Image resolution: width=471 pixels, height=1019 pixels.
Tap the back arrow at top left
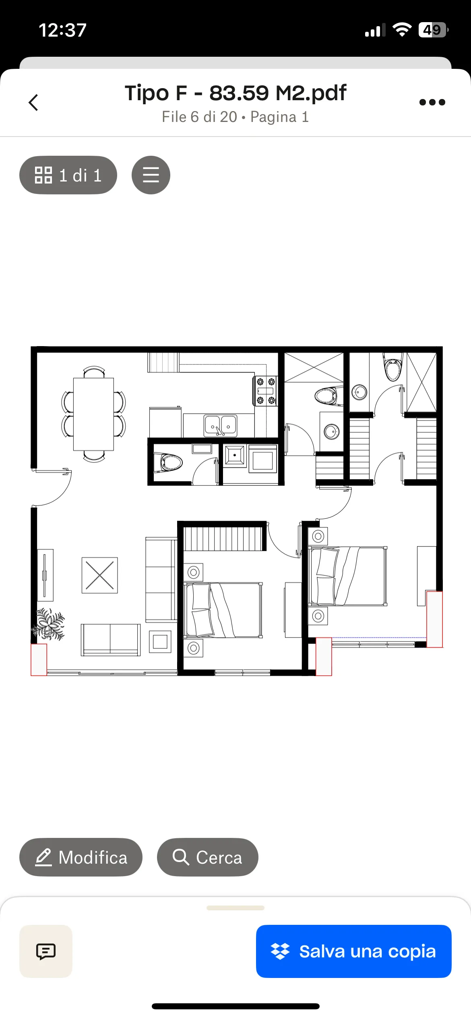33,102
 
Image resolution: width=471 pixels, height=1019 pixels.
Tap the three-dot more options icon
432,102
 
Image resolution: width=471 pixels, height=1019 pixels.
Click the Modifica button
81,857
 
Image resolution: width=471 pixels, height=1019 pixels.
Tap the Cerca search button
207,857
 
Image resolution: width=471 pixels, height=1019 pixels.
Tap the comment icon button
46,951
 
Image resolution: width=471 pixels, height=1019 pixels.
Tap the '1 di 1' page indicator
68,175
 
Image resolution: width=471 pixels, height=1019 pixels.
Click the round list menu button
151,175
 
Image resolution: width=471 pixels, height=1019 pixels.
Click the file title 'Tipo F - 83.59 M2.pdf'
235,93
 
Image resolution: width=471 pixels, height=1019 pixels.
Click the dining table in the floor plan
93,414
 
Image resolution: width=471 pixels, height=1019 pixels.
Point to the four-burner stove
266,391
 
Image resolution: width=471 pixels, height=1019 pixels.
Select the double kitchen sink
221,425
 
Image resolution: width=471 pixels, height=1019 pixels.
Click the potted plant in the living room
49,624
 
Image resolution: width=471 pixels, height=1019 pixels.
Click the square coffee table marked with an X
100,575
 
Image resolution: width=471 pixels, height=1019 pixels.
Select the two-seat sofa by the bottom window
111,640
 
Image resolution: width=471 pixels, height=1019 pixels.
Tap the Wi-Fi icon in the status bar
402,30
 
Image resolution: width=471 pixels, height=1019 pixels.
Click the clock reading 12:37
62,30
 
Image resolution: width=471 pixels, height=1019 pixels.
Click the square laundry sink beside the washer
235,456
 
